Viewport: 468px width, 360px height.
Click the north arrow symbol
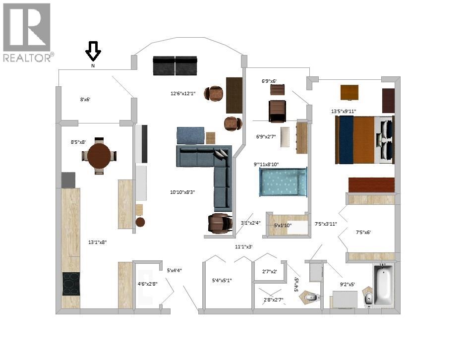tap(93, 51)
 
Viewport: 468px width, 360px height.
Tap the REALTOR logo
tap(28, 32)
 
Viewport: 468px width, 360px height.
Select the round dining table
tap(99, 156)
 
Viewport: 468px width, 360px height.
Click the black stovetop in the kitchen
tap(71, 284)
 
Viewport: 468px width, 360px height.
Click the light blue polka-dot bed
tap(283, 182)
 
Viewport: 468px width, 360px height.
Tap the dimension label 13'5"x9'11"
tap(344, 112)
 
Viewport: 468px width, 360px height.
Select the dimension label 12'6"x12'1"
tap(183, 93)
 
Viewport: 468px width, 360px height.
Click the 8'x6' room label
tap(85, 99)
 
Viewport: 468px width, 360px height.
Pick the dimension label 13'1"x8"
tap(97, 242)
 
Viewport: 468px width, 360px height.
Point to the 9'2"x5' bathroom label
tap(348, 285)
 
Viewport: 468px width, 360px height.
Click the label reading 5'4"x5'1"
tap(222, 280)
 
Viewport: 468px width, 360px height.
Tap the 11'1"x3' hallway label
tap(244, 246)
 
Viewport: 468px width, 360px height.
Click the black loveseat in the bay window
tap(175, 65)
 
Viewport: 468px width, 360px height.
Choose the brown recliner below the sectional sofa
tap(220, 223)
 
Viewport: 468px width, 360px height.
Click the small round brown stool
tap(140, 222)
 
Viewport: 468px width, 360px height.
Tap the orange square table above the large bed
tap(350, 92)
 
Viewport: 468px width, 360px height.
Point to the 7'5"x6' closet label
tap(363, 232)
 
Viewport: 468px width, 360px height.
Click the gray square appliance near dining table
tap(68, 180)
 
